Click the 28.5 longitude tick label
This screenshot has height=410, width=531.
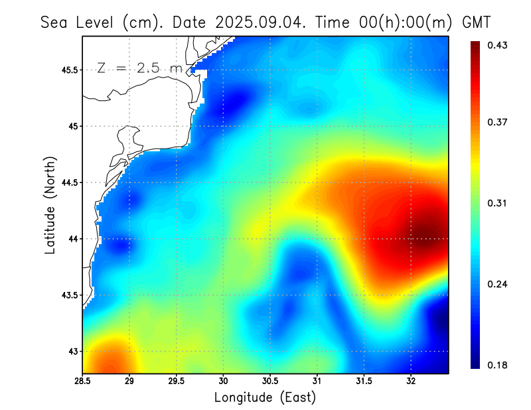(83, 381)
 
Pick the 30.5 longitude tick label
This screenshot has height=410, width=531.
(270, 381)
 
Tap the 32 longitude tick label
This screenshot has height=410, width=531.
(411, 381)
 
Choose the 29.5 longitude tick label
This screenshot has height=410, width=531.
(177, 381)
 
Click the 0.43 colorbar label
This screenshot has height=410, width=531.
(498, 45)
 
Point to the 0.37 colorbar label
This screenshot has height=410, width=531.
(498, 122)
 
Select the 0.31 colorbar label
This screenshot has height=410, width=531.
(498, 203)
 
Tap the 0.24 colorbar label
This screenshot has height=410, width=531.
(498, 284)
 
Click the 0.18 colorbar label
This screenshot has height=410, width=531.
(498, 365)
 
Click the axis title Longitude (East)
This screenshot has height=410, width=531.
(265, 397)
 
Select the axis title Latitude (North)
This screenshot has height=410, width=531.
(50, 204)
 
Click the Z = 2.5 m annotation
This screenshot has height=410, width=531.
(139, 68)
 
